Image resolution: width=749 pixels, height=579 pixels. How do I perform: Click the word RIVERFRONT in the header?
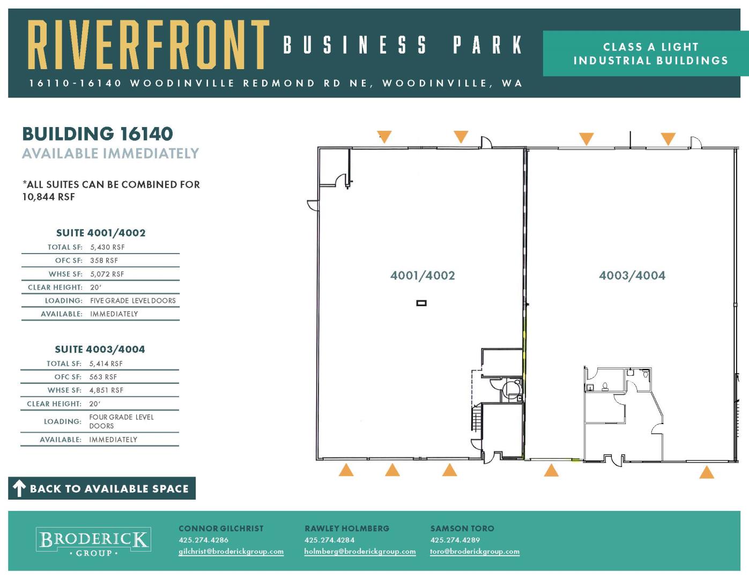pos(148,45)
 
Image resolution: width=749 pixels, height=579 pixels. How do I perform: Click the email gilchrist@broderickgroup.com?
pos(231,552)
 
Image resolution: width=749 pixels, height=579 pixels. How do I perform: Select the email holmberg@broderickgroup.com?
pos(360,552)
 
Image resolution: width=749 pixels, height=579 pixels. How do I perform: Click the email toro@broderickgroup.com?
pos(474,552)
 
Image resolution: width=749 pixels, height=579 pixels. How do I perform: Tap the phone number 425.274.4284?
pos(329,540)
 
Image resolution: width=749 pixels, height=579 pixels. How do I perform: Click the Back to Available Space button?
pos(102,488)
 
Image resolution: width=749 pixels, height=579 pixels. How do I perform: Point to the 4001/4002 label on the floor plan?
pos(422,276)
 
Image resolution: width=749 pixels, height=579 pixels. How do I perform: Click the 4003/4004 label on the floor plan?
pos(632,276)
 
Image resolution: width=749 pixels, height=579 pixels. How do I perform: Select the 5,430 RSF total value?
pos(108,247)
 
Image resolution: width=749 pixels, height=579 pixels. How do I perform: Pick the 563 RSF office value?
pos(103,377)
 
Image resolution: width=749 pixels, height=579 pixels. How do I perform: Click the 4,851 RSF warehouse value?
pos(106,390)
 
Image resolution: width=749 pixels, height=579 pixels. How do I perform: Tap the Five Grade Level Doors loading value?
pos(133,301)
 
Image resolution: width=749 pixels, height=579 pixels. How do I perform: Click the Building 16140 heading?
pos(98,133)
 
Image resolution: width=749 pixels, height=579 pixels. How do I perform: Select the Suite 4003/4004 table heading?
pos(100,350)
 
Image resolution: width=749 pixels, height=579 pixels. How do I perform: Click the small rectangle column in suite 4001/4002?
pos(421,303)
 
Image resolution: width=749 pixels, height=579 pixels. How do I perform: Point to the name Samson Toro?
pos(462,529)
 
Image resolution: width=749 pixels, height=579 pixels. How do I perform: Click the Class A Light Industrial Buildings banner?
pos(646,54)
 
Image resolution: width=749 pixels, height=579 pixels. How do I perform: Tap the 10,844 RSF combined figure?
pos(49,197)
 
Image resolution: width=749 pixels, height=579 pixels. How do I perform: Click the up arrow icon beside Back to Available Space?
pos(19,488)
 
